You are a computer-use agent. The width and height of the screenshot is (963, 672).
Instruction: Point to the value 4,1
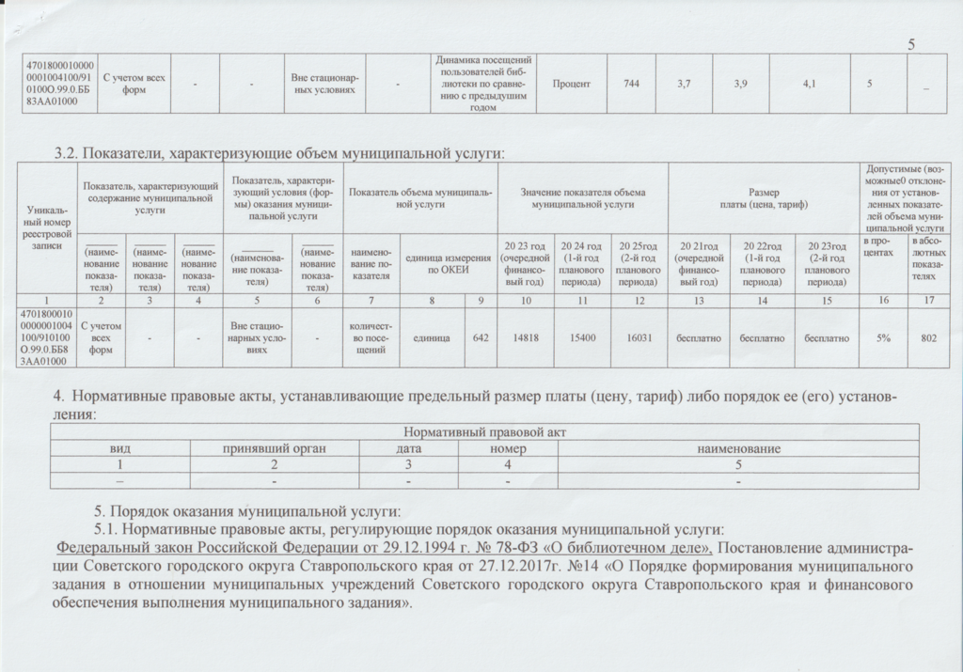pyautogui.click(x=810, y=85)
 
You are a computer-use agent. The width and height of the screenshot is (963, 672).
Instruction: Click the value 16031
pyautogui.click(x=639, y=337)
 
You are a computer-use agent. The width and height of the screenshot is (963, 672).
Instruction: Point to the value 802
pyautogui.click(x=928, y=337)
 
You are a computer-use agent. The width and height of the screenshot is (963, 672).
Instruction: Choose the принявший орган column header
pyautogui.click(x=274, y=448)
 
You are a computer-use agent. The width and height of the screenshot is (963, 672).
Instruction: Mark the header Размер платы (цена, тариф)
pyautogui.click(x=763, y=197)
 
